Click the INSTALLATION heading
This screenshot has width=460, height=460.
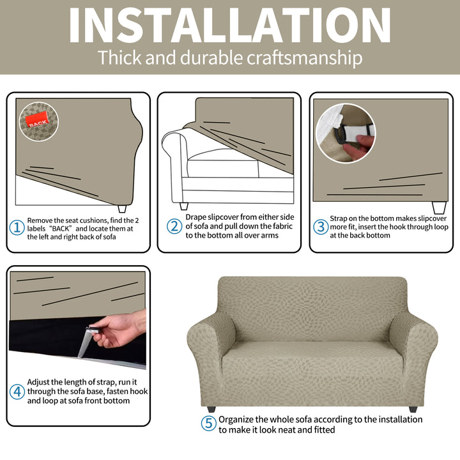[x=229, y=26]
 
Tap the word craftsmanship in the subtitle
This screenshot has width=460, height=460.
[x=305, y=57]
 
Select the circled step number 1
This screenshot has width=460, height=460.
[x=17, y=228]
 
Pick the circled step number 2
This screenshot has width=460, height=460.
[x=174, y=226]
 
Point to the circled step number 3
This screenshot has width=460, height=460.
[x=321, y=227]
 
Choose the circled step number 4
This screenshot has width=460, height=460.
[x=17, y=392]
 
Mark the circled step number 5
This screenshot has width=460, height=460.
[x=208, y=424]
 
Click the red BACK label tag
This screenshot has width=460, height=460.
[x=36, y=119]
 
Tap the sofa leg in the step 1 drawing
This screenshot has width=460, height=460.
[x=122, y=209]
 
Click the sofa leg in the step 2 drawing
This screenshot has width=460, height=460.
[x=184, y=206]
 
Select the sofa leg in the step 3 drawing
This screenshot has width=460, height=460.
[x=439, y=208]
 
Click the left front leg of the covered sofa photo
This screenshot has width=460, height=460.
[x=211, y=409]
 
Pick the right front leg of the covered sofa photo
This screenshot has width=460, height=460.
[x=413, y=409]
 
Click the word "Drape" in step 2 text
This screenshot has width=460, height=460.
[x=196, y=217]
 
